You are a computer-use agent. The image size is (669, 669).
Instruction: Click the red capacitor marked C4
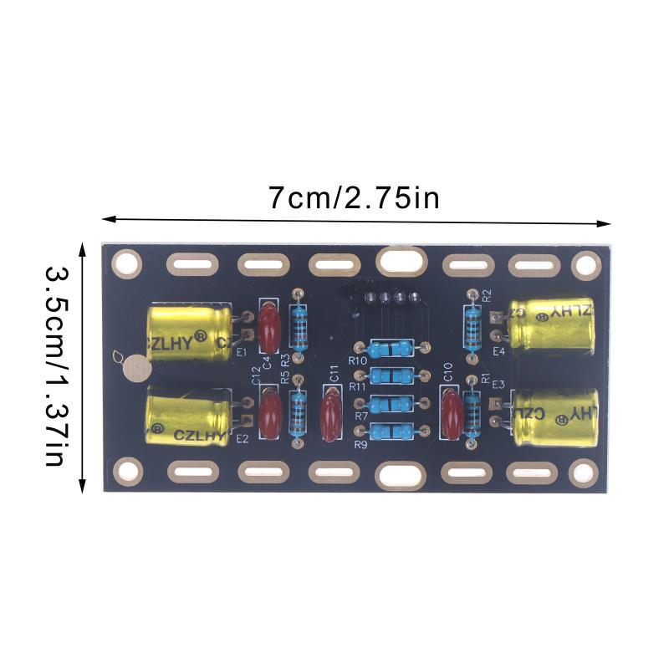coord(269,329)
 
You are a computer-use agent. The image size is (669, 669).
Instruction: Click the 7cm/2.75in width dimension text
coord(354,198)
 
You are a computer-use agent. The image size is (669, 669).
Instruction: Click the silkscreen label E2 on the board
coord(243,438)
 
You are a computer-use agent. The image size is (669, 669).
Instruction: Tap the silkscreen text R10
coord(358,360)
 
